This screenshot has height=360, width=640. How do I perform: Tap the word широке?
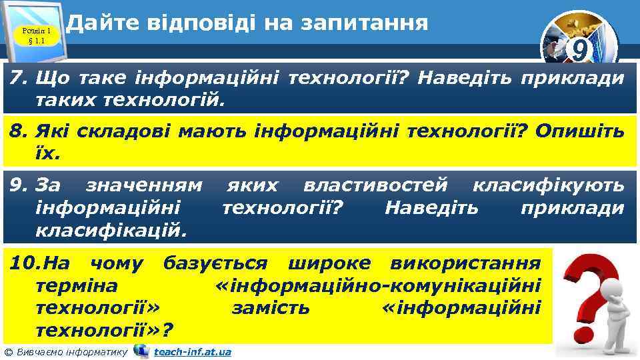[325, 264]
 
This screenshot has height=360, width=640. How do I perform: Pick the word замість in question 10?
[271, 307]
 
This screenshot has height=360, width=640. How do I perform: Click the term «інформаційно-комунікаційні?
[379, 286]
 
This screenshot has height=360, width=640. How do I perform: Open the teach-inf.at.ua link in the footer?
[192, 351]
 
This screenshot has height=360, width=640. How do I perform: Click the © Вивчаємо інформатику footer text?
[65, 351]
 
